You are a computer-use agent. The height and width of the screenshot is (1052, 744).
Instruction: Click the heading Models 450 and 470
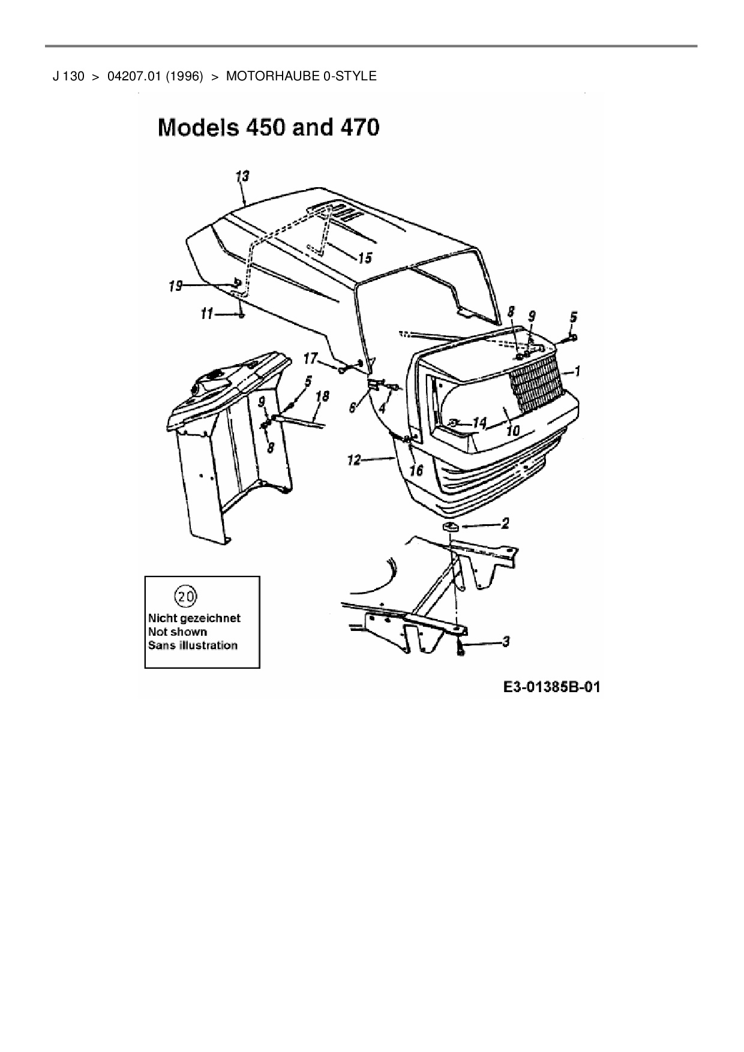268,127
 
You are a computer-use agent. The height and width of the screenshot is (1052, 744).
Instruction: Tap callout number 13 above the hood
242,176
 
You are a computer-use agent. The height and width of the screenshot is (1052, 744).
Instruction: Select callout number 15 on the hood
364,258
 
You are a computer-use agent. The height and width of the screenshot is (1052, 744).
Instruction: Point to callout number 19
175,286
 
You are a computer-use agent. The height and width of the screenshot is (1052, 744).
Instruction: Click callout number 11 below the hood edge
206,314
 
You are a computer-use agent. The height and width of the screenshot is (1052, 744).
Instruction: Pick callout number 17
310,359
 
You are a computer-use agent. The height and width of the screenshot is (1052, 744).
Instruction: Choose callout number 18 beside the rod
322,396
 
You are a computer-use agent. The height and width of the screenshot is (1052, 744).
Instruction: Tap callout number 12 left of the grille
354,460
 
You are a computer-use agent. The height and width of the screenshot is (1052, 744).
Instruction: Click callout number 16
416,470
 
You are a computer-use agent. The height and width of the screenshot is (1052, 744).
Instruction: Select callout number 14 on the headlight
479,423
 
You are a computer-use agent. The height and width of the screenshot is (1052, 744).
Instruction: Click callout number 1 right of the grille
577,372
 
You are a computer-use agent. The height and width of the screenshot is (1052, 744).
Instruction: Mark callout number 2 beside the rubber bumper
505,524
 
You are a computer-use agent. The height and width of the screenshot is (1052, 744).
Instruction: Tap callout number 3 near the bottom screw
506,642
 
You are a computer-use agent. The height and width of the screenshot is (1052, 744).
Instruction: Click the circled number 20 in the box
185,596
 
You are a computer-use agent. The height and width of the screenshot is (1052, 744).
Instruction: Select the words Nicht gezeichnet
194,618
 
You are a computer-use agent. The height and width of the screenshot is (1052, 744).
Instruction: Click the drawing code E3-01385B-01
551,687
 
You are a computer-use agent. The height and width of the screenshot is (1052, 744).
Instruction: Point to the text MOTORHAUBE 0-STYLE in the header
301,76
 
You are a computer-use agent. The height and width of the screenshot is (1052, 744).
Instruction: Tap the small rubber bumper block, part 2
450,527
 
